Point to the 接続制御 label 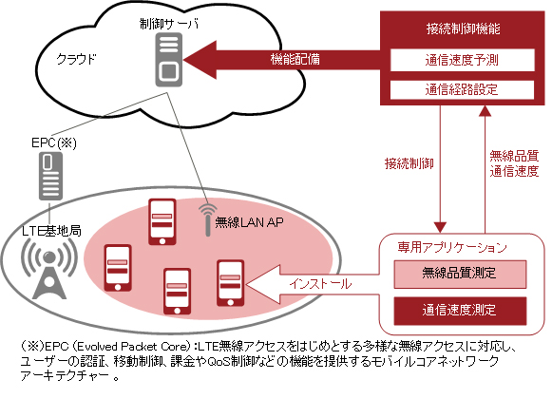point(409,162)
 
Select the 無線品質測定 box point(460,275)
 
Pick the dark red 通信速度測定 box point(460,310)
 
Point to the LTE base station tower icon point(45,268)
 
